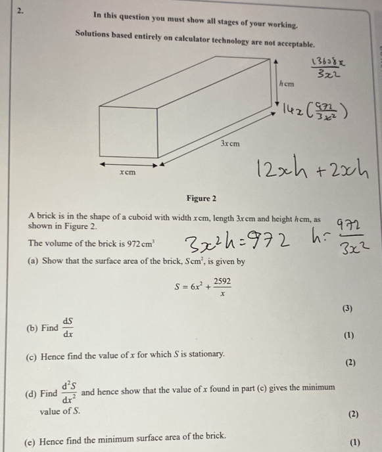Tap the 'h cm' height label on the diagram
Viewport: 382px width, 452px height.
(x=287, y=84)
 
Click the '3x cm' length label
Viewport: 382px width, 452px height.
(x=231, y=143)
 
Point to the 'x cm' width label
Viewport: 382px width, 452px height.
(x=128, y=172)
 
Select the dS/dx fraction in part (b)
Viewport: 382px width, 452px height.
(x=68, y=326)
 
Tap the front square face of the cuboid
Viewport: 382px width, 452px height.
(x=128, y=129)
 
